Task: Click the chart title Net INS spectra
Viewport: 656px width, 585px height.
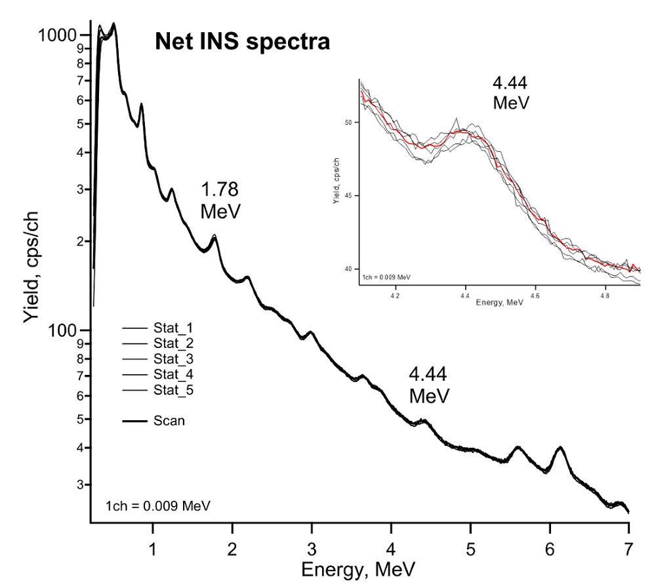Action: click(241, 43)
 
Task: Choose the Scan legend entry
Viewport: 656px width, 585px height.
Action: click(169, 421)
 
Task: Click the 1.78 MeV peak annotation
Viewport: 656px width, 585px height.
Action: click(220, 201)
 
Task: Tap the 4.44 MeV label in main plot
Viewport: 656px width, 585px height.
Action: click(429, 385)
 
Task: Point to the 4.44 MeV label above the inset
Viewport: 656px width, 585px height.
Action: click(510, 93)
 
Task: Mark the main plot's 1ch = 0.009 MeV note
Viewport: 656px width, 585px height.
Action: click(157, 505)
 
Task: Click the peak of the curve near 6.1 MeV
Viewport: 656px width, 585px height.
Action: click(560, 447)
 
